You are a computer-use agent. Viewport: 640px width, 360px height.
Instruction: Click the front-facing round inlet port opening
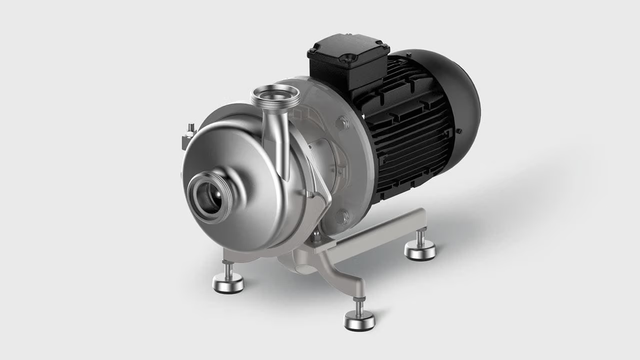tap(209, 196)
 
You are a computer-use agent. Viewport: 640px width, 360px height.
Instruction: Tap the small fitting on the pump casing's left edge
tap(189, 133)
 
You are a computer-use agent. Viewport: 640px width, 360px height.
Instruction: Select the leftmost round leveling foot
tap(228, 283)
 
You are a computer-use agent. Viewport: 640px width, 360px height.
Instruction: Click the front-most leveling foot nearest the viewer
tap(359, 320)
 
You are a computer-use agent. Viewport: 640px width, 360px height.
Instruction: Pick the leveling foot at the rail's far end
tap(420, 250)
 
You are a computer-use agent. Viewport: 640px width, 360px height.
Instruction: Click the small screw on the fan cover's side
tap(460, 131)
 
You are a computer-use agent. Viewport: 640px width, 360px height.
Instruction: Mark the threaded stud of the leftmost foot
tap(228, 270)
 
